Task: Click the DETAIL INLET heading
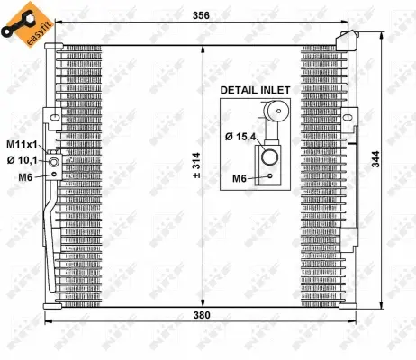[255, 90]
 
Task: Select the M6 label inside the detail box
[240, 178]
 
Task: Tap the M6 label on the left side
[26, 175]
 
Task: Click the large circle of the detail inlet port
[271, 159]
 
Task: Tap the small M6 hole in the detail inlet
[270, 176]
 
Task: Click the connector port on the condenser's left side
[55, 163]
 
